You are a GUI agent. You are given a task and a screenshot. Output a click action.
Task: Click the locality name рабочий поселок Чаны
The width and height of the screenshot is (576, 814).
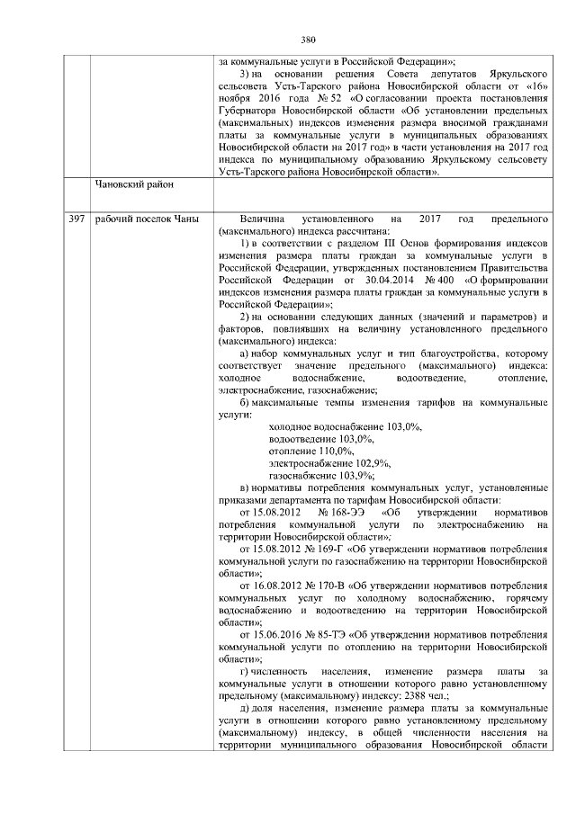pyautogui.click(x=140, y=219)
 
